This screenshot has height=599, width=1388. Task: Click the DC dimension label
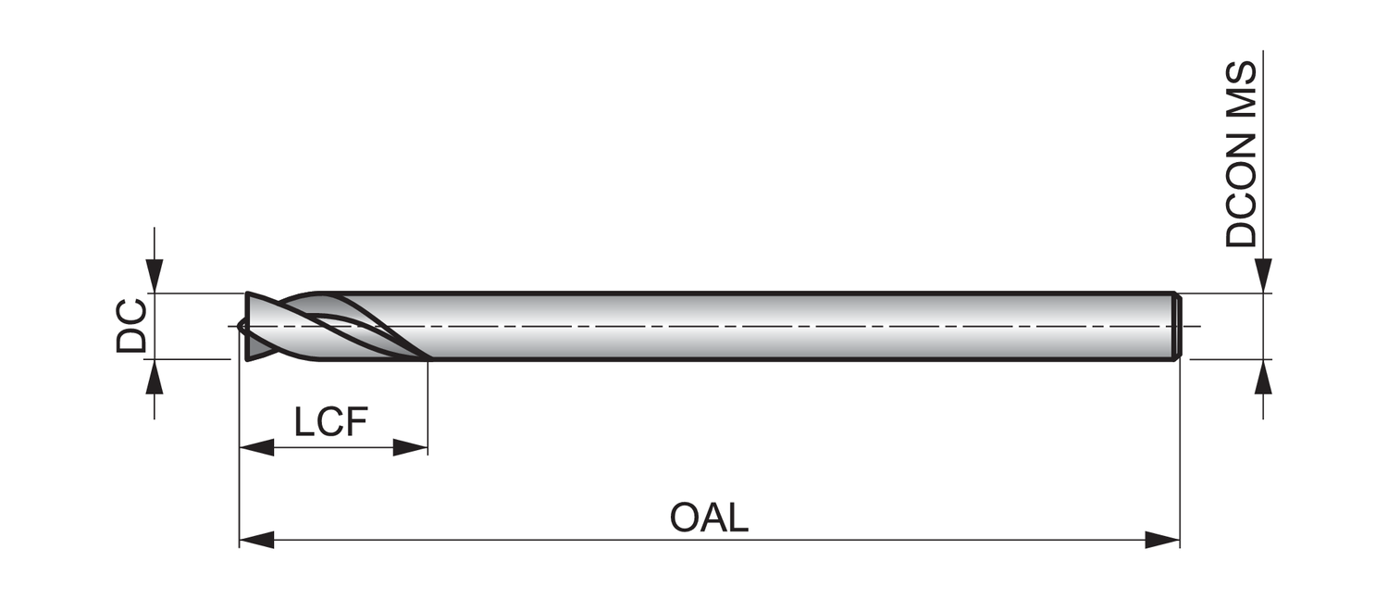click(x=131, y=326)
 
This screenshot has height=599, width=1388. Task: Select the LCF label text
click(x=331, y=423)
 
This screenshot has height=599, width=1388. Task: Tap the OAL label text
click(x=709, y=518)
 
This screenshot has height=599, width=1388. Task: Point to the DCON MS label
click(x=1241, y=155)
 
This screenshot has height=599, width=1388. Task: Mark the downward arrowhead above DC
click(x=155, y=276)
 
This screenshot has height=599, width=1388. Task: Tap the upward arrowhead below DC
click(x=155, y=376)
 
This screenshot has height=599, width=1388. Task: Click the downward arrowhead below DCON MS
click(x=1263, y=276)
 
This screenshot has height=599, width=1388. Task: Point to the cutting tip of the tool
click(x=242, y=326)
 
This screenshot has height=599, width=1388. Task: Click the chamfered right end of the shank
click(x=1177, y=326)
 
